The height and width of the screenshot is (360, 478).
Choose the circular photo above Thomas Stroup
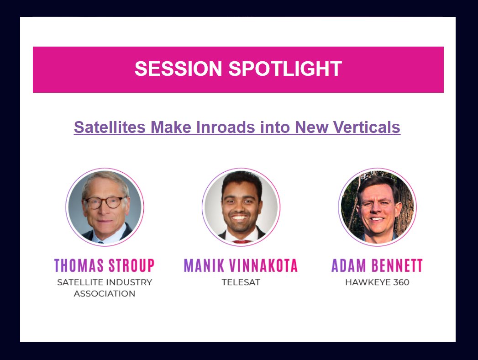point(105,207)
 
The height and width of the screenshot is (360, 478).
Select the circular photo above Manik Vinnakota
point(241,207)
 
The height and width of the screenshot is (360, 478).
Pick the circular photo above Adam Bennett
point(377,207)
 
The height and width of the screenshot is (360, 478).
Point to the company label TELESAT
point(241,282)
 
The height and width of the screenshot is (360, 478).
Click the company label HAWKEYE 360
point(377,282)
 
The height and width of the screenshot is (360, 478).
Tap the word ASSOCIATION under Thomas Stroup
point(105,294)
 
